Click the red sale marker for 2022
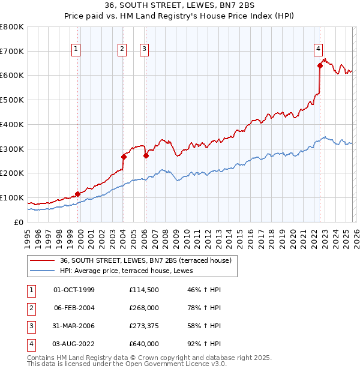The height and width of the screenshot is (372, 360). (x=320, y=66)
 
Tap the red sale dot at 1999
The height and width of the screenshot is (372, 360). (x=77, y=194)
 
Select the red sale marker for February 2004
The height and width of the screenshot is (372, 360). (x=123, y=157)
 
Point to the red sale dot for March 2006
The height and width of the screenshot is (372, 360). (x=146, y=155)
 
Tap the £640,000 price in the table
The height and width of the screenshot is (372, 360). (x=144, y=344)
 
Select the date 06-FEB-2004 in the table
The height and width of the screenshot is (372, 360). (x=74, y=308)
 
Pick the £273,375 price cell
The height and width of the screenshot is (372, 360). (x=144, y=326)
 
